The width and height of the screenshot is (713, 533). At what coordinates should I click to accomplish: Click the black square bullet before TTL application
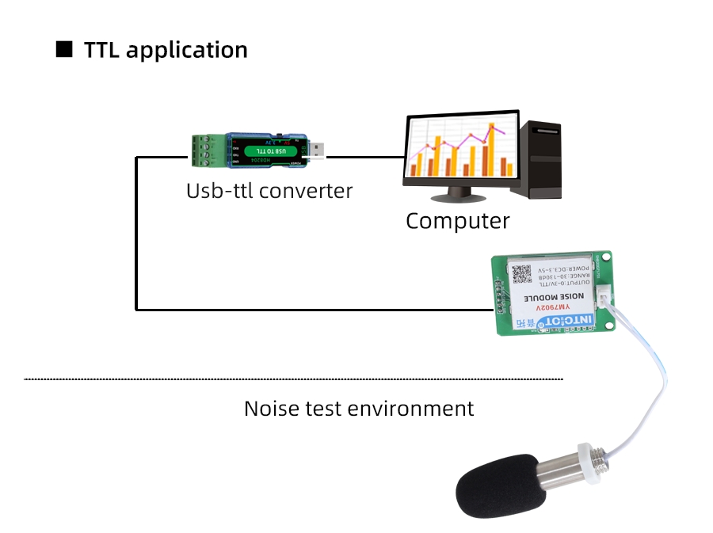(63, 50)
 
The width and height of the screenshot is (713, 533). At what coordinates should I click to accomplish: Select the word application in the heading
(187, 51)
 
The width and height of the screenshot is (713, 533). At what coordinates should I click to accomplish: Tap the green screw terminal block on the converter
(204, 150)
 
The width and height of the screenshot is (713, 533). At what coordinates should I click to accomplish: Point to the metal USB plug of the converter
(315, 150)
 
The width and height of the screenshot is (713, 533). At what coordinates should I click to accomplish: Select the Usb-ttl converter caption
(269, 191)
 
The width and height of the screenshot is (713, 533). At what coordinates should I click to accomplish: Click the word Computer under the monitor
(457, 221)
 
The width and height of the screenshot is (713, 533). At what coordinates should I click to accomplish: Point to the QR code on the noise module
(521, 273)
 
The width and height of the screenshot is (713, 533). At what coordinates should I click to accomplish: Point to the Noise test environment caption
(358, 409)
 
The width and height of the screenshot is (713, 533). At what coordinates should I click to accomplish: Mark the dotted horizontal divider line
(293, 379)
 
